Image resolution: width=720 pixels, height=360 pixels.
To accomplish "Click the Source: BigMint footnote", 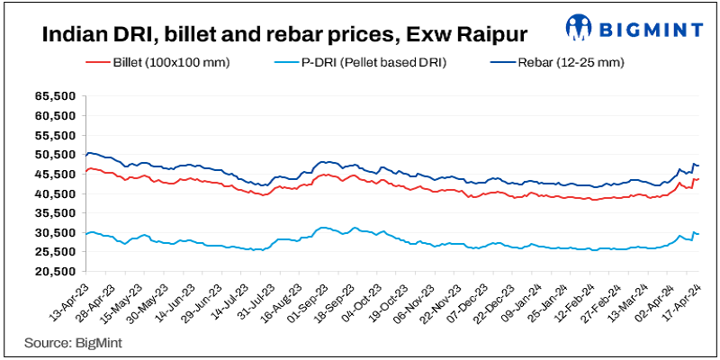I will click(74, 342).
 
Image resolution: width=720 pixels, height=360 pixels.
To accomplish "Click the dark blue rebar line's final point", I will click(698, 165).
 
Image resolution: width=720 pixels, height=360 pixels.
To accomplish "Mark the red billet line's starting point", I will click(85, 171).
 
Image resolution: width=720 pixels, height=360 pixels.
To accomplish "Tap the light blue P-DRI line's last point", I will click(698, 235).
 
